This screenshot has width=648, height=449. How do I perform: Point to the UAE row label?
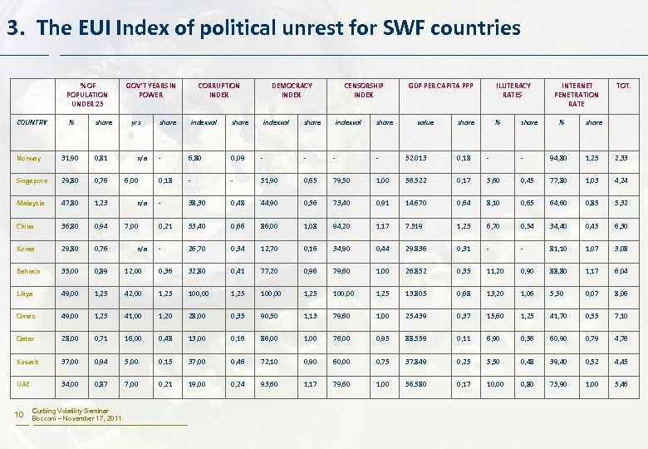coord(23,385)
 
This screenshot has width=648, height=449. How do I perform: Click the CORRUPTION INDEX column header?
coord(218,90)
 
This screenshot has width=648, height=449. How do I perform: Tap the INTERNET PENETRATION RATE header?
coord(577,94)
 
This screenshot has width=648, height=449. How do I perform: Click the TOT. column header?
coord(623,85)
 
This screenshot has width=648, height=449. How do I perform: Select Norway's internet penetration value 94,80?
coord(568,158)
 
